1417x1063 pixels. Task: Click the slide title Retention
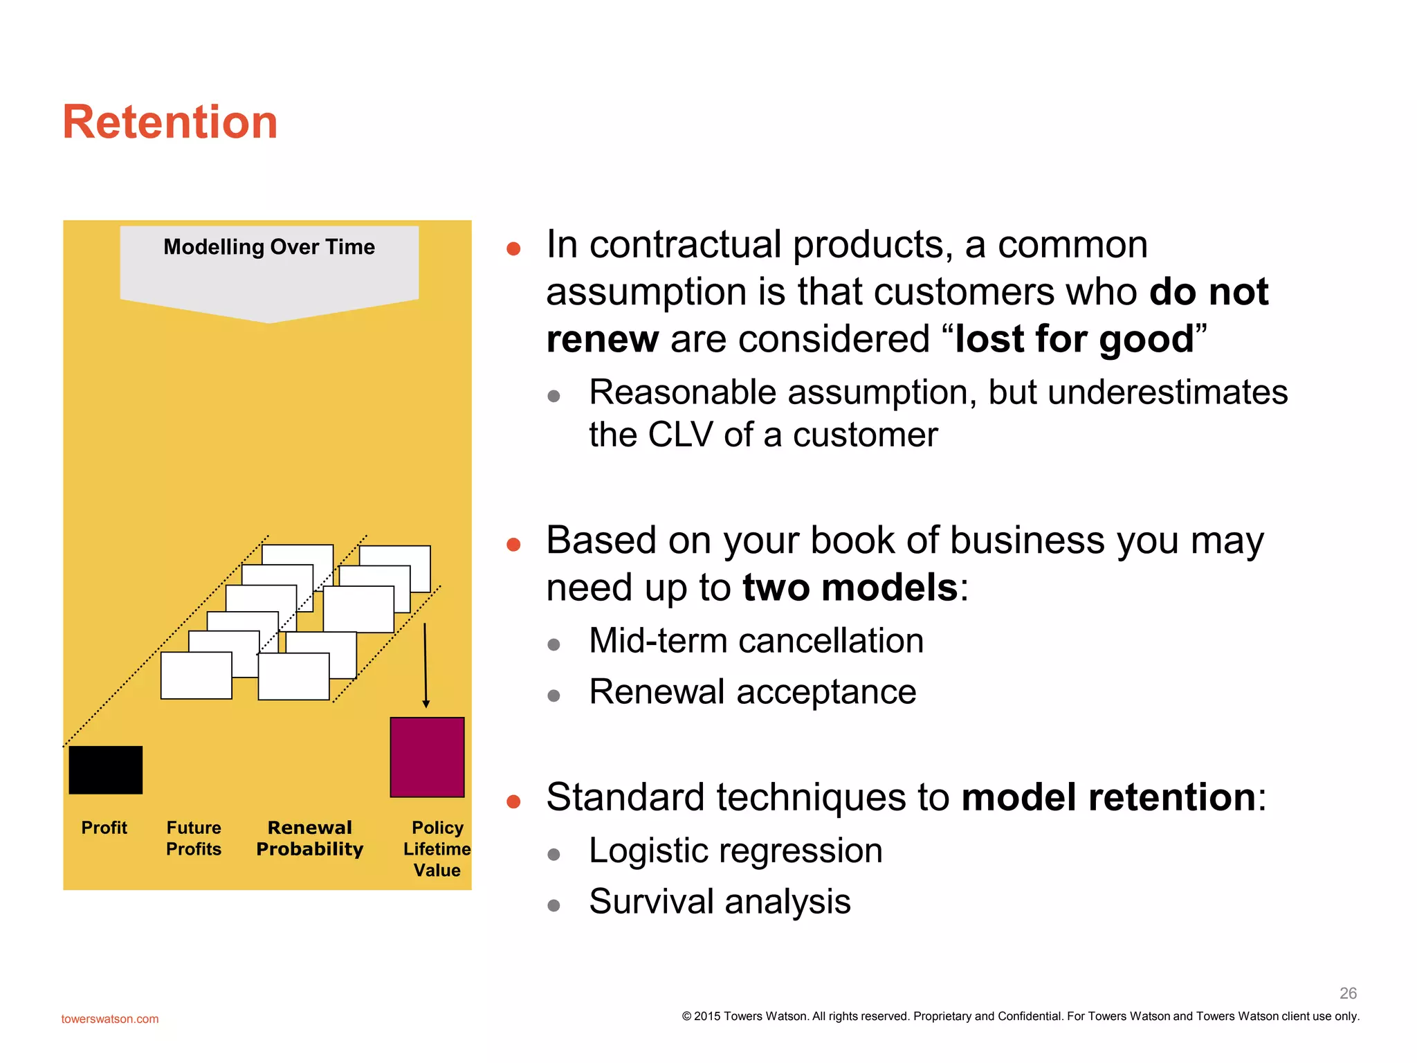click(170, 122)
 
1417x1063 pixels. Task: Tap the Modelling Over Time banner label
click(268, 247)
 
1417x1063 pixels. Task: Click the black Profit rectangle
click(106, 770)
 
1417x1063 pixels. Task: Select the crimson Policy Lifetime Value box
click(427, 757)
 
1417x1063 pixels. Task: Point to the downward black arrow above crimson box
click(426, 664)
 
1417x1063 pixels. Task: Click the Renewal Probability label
click(309, 838)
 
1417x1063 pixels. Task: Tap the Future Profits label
click(194, 838)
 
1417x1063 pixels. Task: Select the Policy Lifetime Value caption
click(437, 848)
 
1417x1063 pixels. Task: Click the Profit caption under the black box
click(104, 828)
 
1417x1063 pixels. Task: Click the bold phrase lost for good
click(1075, 339)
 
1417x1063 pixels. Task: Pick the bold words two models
click(850, 588)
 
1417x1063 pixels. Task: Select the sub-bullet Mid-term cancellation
click(756, 641)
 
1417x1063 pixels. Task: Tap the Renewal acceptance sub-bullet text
click(753, 692)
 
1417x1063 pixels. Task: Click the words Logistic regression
click(735, 851)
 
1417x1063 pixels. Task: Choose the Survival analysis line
click(720, 902)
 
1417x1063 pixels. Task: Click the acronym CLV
click(680, 435)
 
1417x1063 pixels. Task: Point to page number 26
click(1348, 993)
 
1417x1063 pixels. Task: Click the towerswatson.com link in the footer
click(110, 1019)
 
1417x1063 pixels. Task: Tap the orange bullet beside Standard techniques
click(513, 801)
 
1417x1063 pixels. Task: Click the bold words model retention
click(1108, 797)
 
